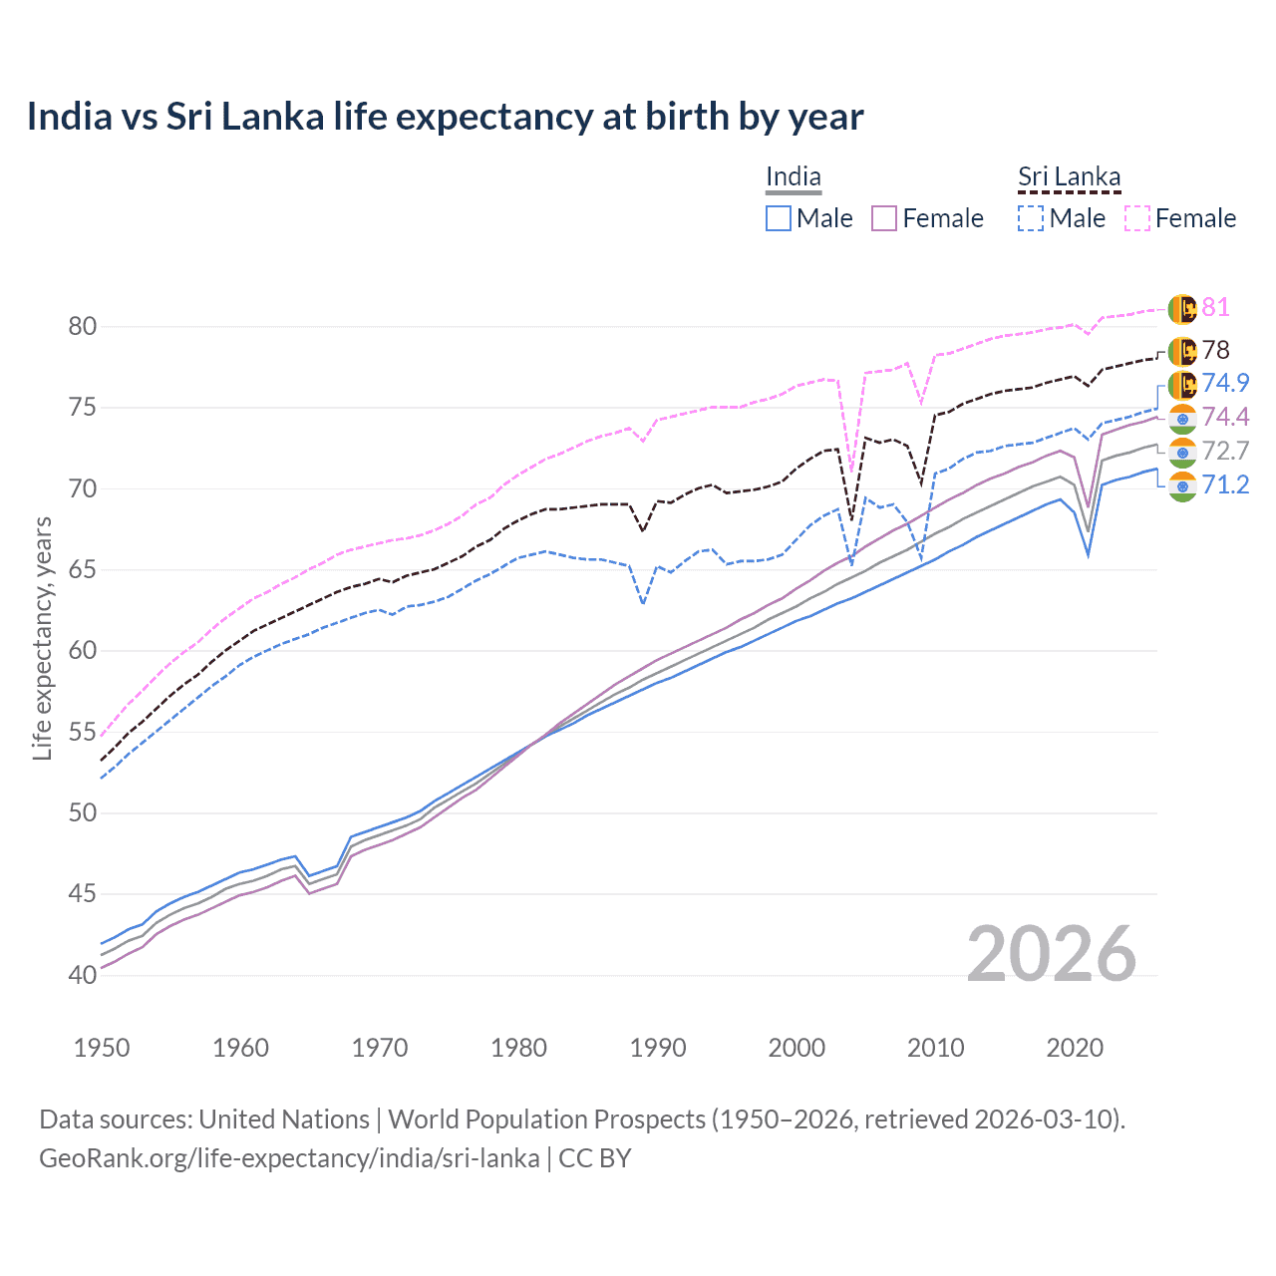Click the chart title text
[x=445, y=117]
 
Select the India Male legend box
[x=779, y=218]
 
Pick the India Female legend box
[x=885, y=218]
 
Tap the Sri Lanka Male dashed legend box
[x=1031, y=218]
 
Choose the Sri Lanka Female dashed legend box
[x=1137, y=218]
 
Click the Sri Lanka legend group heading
[x=1069, y=177]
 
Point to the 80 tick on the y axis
[x=83, y=327]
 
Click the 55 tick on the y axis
[x=83, y=733]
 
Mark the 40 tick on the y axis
[x=83, y=975]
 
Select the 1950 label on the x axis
[x=102, y=1048]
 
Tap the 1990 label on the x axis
[x=658, y=1048]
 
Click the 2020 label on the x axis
[x=1075, y=1048]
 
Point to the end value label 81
[x=1215, y=307]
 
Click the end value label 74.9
[x=1225, y=383]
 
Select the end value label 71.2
[x=1225, y=485]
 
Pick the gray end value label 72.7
[x=1225, y=451]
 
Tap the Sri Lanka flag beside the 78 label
[x=1182, y=351]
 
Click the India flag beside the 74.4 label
[x=1182, y=418]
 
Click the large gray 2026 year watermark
[x=1051, y=954]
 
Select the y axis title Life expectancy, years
[x=42, y=638]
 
